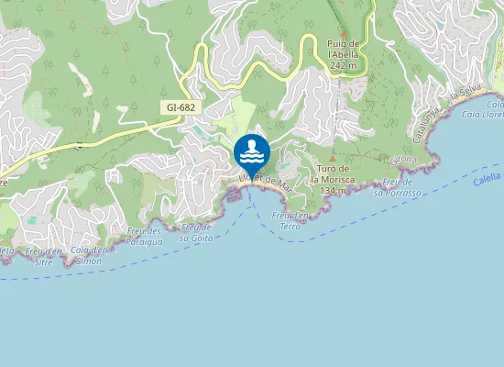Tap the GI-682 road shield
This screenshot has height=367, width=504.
[181, 108]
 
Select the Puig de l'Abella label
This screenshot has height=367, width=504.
[344, 48]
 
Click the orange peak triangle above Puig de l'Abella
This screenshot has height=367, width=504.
[343, 32]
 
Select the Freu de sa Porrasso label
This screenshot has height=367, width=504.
[397, 189]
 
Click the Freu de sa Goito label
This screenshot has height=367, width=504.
[197, 231]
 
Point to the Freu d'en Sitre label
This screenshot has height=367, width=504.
[44, 256]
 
